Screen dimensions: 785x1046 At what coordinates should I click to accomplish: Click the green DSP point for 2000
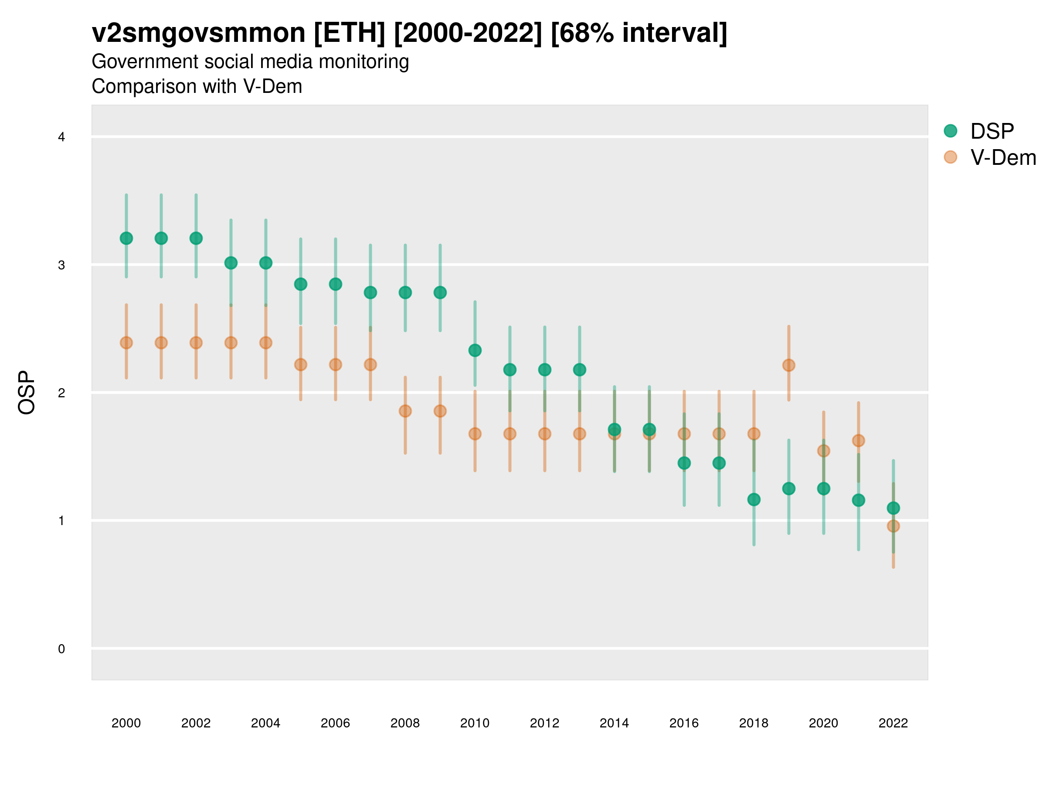[126, 238]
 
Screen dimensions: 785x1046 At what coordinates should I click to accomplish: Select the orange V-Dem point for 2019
[789, 365]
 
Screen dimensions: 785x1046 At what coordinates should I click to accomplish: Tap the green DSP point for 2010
[475, 350]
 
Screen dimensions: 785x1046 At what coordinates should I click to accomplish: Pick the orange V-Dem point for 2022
[893, 526]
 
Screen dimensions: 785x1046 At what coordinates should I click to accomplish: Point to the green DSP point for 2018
[754, 499]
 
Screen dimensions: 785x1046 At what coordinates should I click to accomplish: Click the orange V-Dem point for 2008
[405, 411]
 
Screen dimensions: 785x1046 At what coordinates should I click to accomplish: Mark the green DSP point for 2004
[266, 263]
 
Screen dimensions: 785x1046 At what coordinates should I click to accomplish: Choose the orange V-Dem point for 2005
[301, 364]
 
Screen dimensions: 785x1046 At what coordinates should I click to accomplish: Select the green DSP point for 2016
[684, 463]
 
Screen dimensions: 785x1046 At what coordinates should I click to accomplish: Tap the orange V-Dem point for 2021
[858, 440]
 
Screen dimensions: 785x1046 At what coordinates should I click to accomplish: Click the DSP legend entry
[991, 131]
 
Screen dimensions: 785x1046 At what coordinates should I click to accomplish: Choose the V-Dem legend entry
[1002, 157]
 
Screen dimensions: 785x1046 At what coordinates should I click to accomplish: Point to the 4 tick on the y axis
[61, 137]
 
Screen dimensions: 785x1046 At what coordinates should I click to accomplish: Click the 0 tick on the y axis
[61, 649]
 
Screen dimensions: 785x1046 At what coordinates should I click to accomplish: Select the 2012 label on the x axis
[544, 723]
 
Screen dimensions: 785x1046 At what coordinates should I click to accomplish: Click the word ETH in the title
[350, 33]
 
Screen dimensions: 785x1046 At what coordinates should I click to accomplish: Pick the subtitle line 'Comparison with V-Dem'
[197, 87]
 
